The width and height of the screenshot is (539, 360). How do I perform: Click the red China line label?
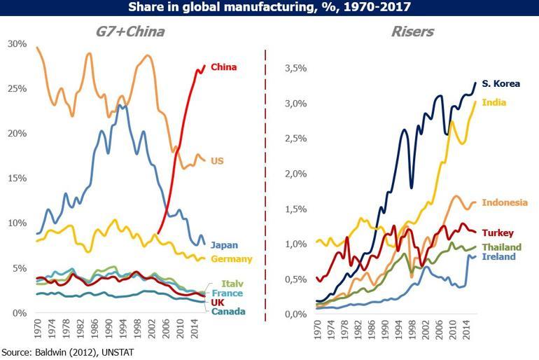point(224,67)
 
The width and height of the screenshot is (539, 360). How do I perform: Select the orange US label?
point(217,161)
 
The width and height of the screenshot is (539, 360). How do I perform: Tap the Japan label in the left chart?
point(224,245)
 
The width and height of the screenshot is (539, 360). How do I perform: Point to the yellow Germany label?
point(232,259)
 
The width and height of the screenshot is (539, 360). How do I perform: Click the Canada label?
point(228,311)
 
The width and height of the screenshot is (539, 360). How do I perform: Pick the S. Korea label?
point(501,84)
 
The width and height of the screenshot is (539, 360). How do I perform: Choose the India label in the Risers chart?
point(494,103)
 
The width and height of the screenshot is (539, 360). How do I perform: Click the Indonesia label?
point(505,202)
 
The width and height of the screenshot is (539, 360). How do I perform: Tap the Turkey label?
point(498,233)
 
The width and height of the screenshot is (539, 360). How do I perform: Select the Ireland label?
point(498,256)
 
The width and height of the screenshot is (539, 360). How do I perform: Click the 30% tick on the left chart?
point(16,44)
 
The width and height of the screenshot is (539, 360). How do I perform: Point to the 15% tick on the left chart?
point(16,179)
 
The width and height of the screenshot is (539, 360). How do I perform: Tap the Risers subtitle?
point(413,31)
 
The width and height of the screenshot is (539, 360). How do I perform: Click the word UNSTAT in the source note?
point(113,352)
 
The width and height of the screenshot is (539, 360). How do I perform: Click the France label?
point(227,293)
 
